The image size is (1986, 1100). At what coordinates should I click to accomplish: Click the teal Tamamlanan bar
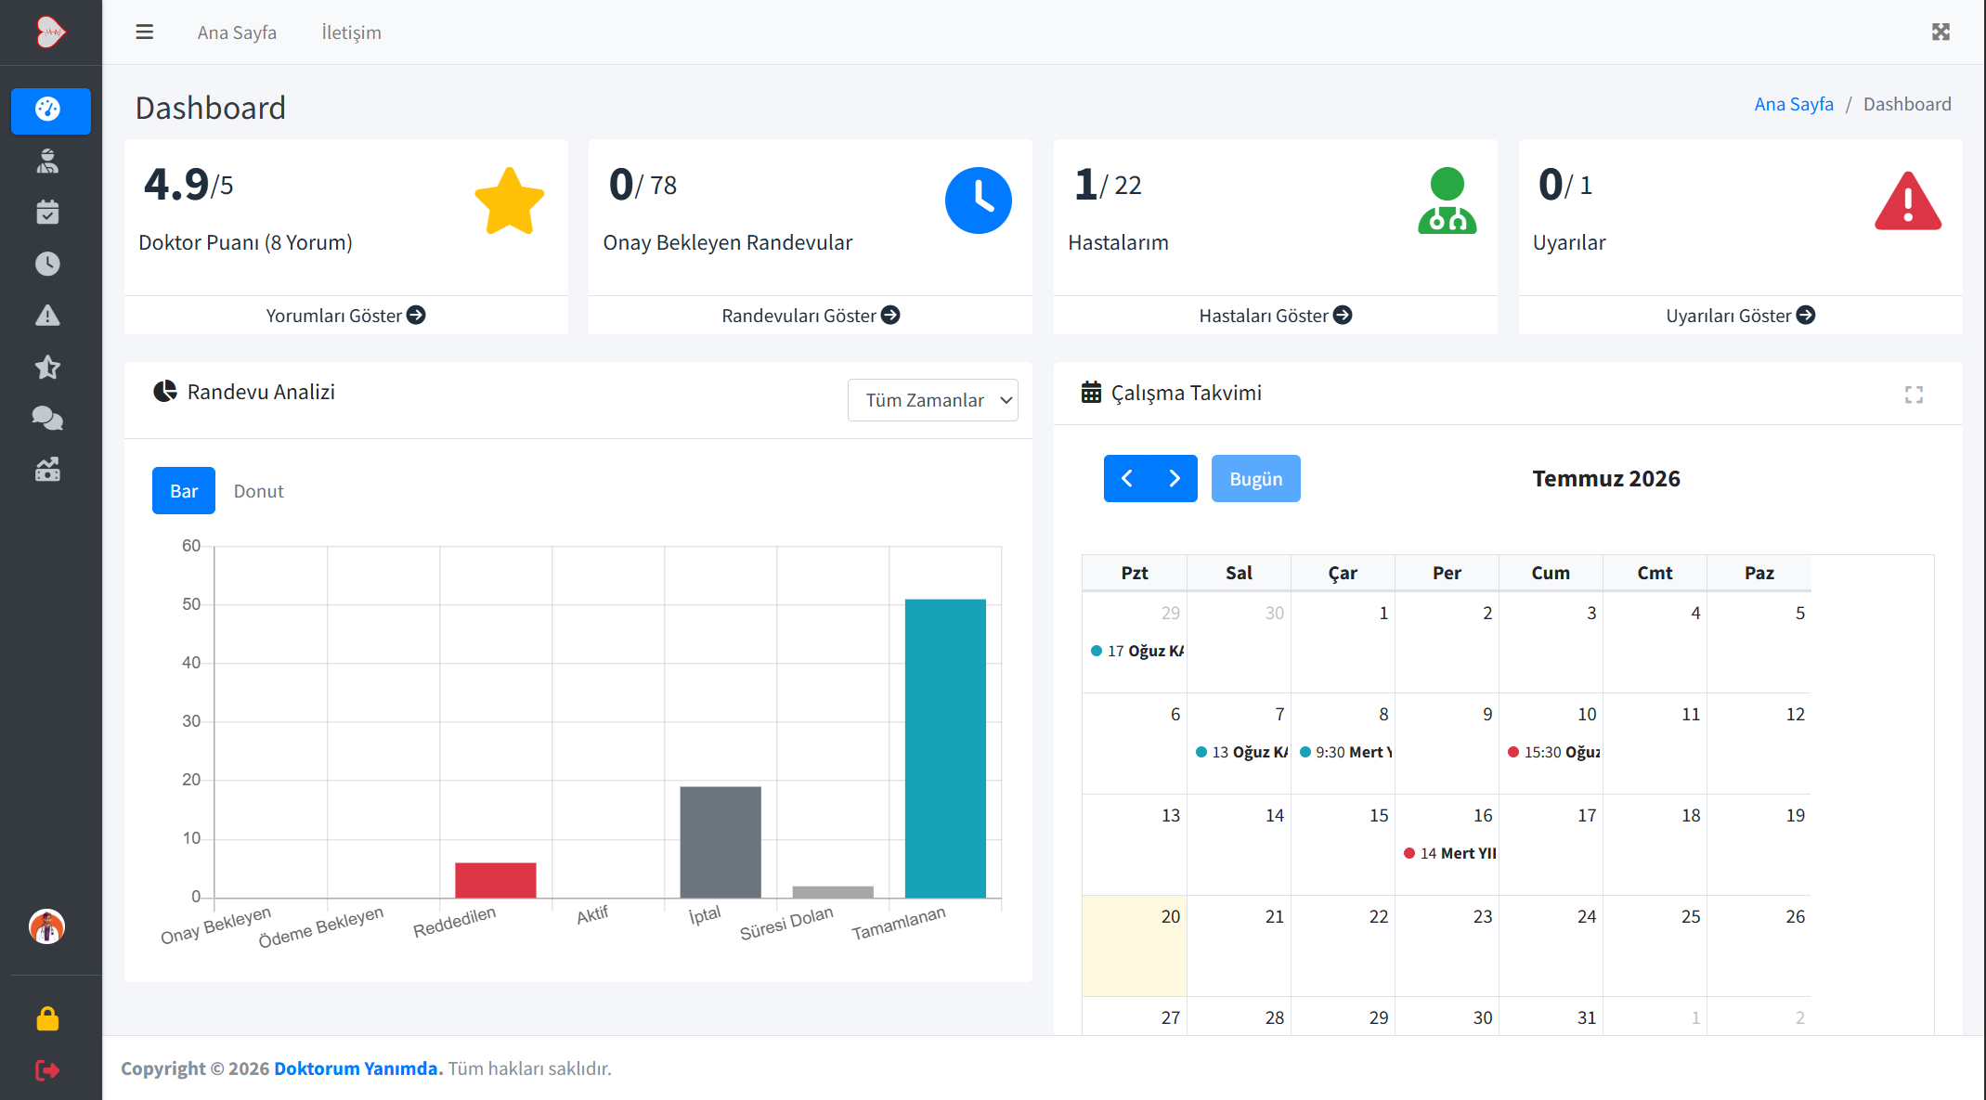click(x=945, y=748)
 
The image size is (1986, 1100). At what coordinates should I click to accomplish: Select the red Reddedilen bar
click(x=496, y=880)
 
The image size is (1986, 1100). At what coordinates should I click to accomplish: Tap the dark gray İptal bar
click(x=720, y=842)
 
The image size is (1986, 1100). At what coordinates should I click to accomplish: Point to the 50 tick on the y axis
click(x=191, y=604)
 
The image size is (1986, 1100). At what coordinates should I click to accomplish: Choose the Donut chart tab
click(x=258, y=491)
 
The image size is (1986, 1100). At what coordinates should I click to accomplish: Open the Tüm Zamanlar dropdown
click(x=932, y=400)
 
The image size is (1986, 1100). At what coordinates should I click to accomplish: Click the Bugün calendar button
click(x=1255, y=479)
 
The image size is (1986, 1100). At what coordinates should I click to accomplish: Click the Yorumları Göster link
click(x=345, y=316)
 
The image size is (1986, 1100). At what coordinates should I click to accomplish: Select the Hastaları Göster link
click(x=1275, y=316)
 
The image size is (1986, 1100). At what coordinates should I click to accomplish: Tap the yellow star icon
click(x=510, y=201)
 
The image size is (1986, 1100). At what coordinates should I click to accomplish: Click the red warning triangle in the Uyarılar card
click(x=1907, y=201)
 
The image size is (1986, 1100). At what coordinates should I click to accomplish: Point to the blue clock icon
click(x=979, y=201)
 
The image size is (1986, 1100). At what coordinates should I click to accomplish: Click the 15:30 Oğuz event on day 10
click(x=1554, y=752)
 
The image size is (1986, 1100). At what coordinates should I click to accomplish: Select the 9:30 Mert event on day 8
click(x=1346, y=752)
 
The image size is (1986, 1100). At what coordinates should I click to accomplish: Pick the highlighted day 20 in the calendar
click(x=1135, y=946)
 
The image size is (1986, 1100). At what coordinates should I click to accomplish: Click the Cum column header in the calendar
click(x=1551, y=573)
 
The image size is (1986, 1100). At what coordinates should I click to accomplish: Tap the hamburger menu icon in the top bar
click(x=144, y=32)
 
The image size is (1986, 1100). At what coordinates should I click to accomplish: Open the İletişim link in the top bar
click(x=351, y=32)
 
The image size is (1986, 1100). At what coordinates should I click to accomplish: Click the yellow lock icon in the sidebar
click(x=47, y=1019)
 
